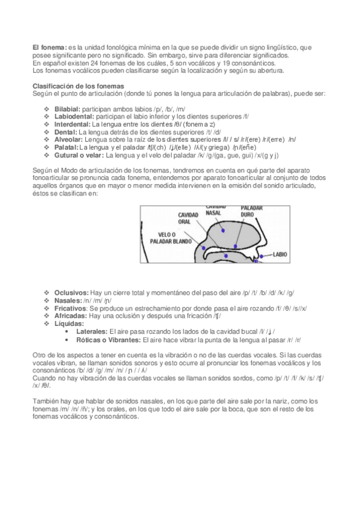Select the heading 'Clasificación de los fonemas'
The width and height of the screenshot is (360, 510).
[x=78, y=85]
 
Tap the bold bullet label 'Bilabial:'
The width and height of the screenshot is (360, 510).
[x=67, y=109]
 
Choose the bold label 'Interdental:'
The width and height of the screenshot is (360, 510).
[x=72, y=124]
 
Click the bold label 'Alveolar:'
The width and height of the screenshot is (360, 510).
[x=69, y=140]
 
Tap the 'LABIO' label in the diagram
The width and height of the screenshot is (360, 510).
[x=281, y=254]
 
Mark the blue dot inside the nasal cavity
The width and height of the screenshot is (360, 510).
[x=222, y=230]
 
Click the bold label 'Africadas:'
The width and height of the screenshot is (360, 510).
[x=70, y=315]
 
